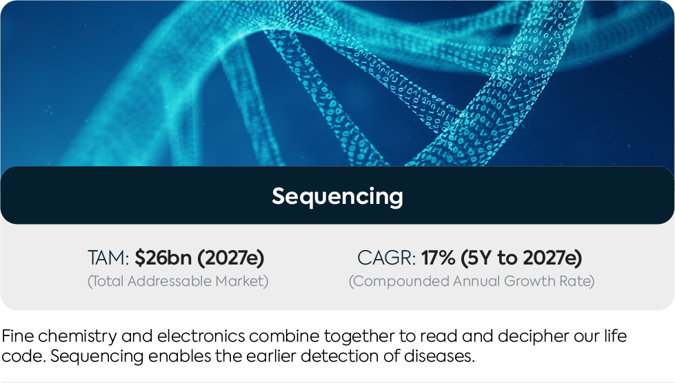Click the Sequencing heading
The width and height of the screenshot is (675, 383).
point(337,196)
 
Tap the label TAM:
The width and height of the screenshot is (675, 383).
point(108,258)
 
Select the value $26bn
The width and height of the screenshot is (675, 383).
point(163,258)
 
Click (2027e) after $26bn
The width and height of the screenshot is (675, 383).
point(230,258)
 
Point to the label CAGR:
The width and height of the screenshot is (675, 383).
point(386,258)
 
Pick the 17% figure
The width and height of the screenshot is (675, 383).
point(438,258)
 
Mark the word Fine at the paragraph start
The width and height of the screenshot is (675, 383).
point(18,336)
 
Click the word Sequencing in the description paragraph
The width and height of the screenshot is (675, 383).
point(97,357)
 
